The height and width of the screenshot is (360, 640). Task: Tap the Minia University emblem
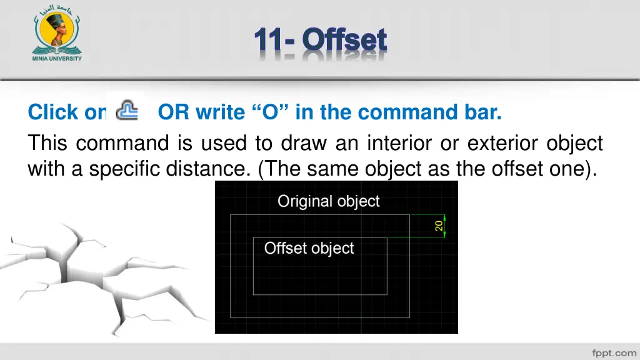click(x=57, y=31)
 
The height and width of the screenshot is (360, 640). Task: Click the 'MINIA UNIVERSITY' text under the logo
click(x=57, y=59)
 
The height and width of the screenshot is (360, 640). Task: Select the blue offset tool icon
click(x=128, y=110)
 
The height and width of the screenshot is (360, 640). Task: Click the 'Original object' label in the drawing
click(x=328, y=201)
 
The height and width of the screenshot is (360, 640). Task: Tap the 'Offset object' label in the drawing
click(x=309, y=248)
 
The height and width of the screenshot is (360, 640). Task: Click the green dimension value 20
click(x=439, y=225)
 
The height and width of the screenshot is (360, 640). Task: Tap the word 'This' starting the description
click(x=48, y=144)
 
